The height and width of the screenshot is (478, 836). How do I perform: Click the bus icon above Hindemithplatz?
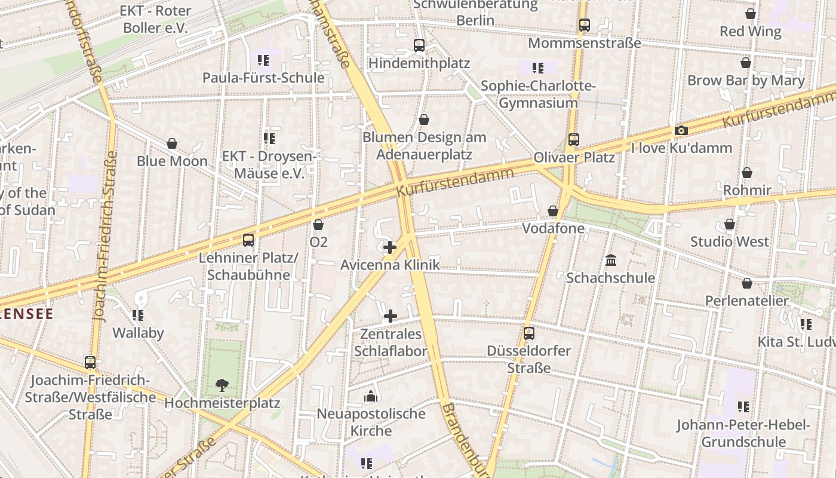click(419, 45)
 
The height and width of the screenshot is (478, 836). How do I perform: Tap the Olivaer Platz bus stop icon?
click(574, 140)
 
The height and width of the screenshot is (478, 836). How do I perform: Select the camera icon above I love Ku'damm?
click(681, 130)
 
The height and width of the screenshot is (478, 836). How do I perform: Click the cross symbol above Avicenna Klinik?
click(390, 247)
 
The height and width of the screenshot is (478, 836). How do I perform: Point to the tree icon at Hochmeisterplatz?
click(222, 385)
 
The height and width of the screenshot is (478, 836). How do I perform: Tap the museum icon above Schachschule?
click(611, 260)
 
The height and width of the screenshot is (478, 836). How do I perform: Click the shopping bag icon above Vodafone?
click(553, 211)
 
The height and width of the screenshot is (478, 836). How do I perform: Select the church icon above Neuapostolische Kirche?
click(371, 396)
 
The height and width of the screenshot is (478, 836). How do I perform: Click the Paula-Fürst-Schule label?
click(263, 78)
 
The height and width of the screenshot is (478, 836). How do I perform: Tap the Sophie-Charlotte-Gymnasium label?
click(538, 94)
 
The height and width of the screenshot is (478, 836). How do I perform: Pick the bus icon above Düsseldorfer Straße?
click(529, 333)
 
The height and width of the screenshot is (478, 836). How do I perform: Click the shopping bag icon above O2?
click(318, 225)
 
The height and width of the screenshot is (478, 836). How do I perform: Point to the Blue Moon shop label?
click(172, 161)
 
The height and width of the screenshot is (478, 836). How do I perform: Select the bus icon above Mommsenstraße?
click(585, 25)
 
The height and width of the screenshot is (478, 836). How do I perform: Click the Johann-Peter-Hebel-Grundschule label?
click(743, 433)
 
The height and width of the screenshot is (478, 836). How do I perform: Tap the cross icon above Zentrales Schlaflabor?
click(391, 315)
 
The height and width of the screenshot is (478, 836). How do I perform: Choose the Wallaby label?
click(138, 333)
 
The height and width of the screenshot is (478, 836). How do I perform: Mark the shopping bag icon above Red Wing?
click(751, 14)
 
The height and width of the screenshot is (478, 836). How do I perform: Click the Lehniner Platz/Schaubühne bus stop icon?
click(248, 240)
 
